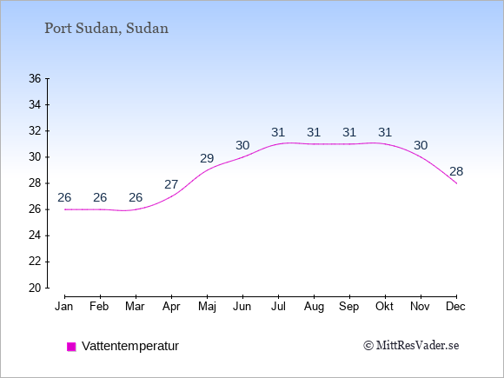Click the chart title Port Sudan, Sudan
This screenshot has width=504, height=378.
point(106,29)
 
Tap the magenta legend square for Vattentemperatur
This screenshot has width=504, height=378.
point(71,347)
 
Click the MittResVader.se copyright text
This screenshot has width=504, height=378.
point(411,346)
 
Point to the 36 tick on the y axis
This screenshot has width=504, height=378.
point(35,78)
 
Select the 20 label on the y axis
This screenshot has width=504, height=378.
point(35,288)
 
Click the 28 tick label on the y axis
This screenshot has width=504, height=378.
point(35,183)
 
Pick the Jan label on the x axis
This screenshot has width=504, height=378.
point(64,307)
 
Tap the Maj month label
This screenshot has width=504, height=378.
point(207,307)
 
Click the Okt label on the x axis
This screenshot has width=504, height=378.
point(384,307)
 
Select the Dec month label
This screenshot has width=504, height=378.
point(456,307)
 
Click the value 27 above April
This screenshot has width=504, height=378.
point(171,184)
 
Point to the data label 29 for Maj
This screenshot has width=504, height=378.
point(207,158)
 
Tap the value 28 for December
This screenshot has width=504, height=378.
point(456,172)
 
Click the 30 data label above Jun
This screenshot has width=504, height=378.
point(242,146)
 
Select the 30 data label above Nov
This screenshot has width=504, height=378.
point(421,146)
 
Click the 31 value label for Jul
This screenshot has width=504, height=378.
point(278,132)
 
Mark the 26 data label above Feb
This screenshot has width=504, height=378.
point(100,197)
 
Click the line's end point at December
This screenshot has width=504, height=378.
point(456,183)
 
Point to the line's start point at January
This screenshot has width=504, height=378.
point(65,209)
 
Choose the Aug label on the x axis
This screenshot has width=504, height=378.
point(314,307)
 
